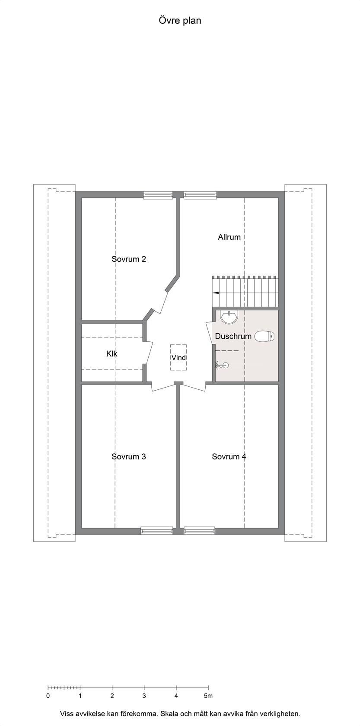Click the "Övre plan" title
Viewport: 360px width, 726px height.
coord(180,21)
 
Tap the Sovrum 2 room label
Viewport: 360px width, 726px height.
coord(129,259)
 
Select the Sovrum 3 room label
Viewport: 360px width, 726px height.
coord(129,456)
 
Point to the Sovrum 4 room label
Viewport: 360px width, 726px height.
coord(229,456)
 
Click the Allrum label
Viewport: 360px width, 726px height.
coord(229,237)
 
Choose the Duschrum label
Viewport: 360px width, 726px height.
coord(233,336)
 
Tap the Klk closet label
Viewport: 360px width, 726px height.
coord(112,353)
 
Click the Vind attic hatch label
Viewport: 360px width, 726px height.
coord(178,357)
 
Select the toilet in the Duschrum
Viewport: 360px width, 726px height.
coord(264,336)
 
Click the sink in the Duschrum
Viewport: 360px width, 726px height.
coord(229,317)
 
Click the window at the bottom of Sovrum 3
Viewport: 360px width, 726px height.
coord(157,531)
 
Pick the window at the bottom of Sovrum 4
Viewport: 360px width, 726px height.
coord(199,531)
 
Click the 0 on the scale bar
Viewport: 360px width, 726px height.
coord(48,696)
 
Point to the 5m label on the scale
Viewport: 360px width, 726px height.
coord(208,696)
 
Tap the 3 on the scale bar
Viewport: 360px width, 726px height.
coord(144,696)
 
